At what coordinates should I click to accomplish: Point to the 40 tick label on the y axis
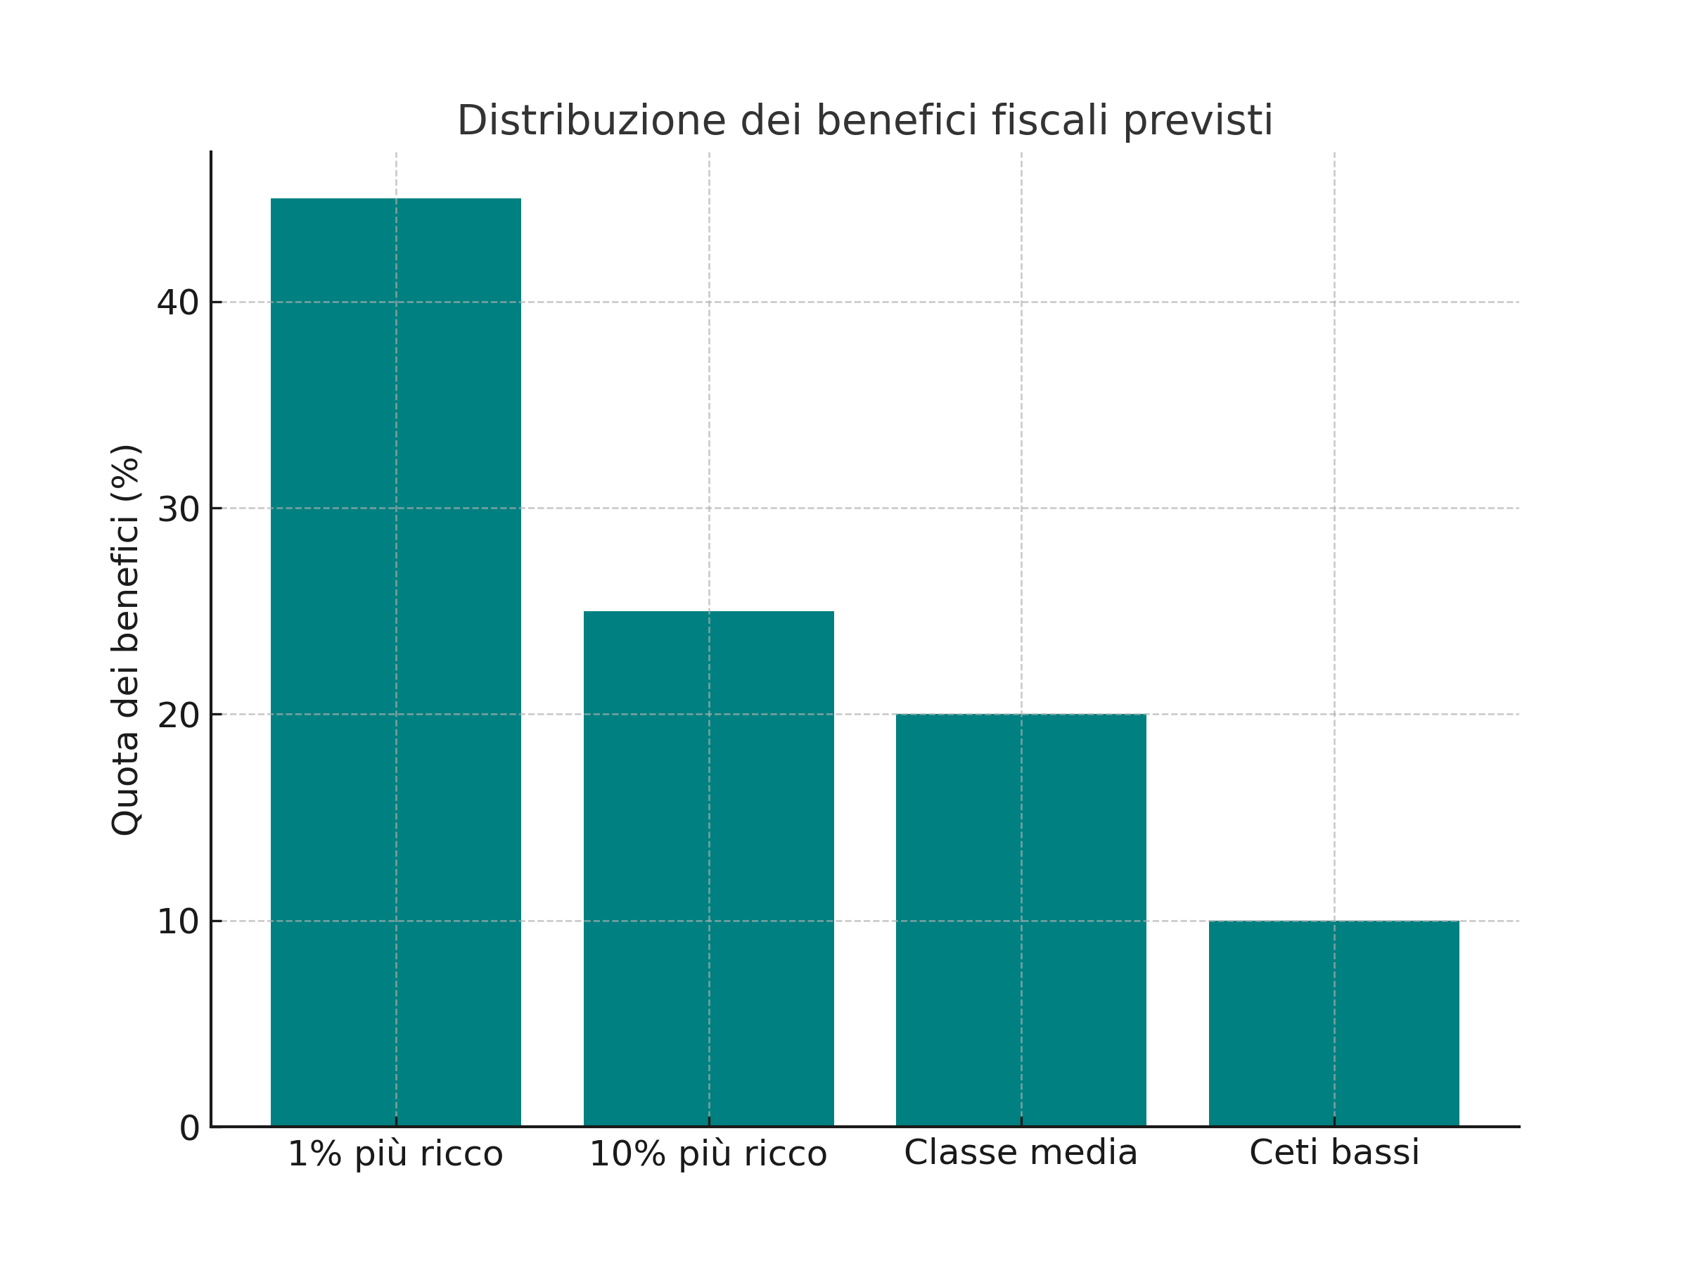coord(178,303)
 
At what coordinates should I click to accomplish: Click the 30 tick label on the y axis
coord(178,509)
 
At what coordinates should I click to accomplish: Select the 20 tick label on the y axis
coord(178,715)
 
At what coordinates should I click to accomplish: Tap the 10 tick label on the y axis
coord(178,922)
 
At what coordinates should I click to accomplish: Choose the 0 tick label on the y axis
coord(189,1128)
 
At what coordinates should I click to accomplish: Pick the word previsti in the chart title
coord(1197,122)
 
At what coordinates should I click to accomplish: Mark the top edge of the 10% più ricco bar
coord(708,612)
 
